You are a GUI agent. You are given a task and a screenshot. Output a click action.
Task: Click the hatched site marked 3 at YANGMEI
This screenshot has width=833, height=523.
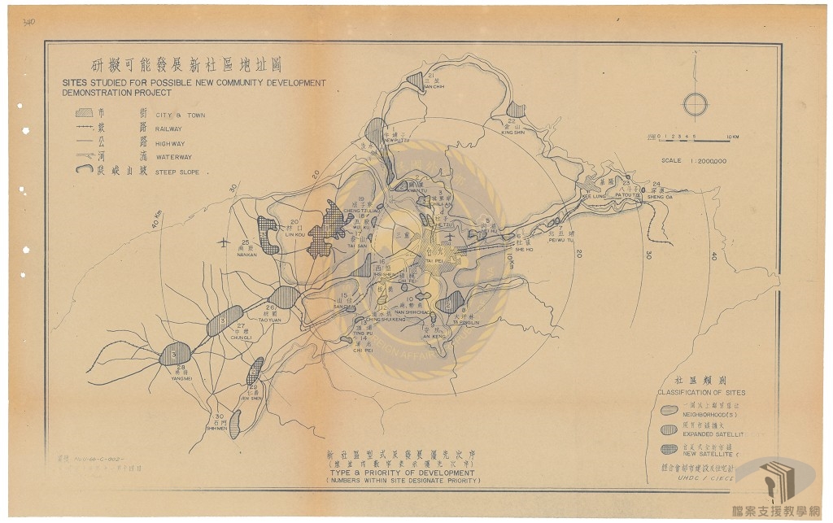[175, 354]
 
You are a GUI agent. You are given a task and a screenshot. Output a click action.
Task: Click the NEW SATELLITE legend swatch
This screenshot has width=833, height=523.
[669, 448]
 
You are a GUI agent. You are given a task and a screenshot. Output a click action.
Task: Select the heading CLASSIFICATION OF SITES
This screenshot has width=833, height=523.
[701, 393]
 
